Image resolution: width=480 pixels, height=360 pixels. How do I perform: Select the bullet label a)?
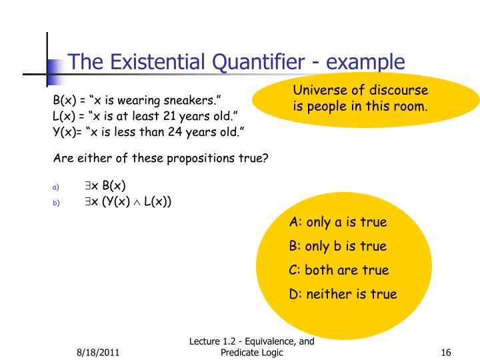(56, 187)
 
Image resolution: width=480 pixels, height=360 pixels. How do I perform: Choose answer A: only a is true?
(338, 223)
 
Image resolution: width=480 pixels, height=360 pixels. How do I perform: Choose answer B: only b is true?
(338, 247)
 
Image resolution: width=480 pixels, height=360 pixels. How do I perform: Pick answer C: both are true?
(339, 271)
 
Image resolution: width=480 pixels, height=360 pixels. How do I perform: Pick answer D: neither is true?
(343, 294)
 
